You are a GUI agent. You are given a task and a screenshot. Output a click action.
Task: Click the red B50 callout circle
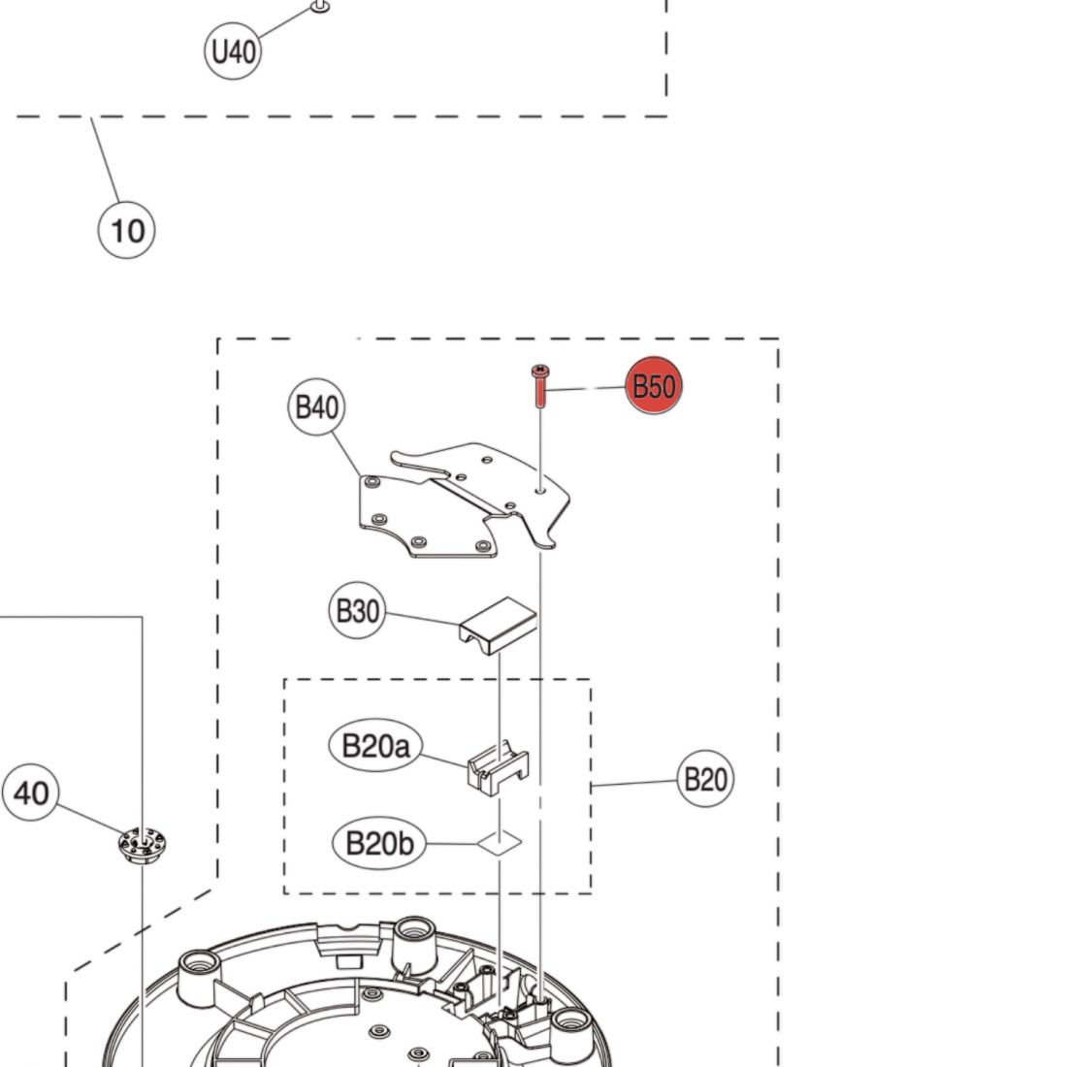[x=653, y=385]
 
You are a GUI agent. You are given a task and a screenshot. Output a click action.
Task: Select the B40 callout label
[x=316, y=407]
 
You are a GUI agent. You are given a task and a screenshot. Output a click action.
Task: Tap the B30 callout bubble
[x=357, y=610]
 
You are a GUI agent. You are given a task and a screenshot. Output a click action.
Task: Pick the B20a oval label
[x=375, y=745]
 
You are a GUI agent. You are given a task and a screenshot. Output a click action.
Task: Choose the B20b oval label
[x=379, y=843]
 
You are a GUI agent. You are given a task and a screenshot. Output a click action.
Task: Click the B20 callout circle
[x=705, y=779]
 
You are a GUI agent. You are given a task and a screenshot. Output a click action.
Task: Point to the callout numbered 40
[x=31, y=792]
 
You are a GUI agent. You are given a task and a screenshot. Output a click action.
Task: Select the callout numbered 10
[x=126, y=230]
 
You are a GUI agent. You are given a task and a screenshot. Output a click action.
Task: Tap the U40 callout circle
[x=233, y=51]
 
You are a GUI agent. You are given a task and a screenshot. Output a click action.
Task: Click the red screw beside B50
[x=541, y=386]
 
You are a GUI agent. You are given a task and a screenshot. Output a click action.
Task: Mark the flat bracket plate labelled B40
[x=464, y=501]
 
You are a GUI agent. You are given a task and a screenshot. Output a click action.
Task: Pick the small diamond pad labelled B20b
[x=500, y=843]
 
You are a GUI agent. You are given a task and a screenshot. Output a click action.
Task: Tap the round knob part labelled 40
[x=142, y=845]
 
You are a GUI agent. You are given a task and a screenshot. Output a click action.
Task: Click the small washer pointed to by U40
[x=320, y=6]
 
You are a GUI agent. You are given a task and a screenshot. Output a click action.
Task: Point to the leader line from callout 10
[x=106, y=159]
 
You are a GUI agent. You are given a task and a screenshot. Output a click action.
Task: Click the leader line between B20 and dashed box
[x=634, y=783]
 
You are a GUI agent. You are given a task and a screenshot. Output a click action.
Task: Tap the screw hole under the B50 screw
[x=540, y=489]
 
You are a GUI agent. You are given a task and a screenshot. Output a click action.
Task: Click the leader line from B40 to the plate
[x=346, y=455]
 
